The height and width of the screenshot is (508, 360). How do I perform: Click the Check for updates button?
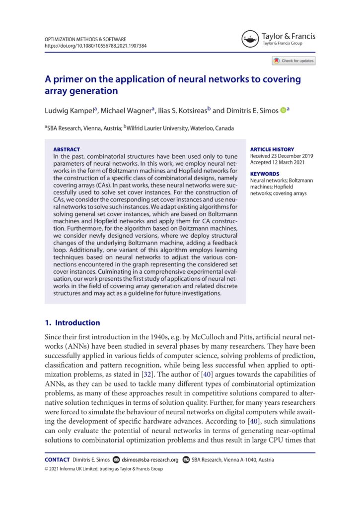click(293, 61)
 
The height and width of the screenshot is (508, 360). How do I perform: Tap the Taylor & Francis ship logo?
click(251, 39)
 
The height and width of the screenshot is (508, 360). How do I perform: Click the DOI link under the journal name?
click(95, 46)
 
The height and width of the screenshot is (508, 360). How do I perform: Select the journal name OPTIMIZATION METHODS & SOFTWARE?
click(85, 39)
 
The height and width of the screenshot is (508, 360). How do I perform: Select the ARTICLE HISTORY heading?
click(272, 149)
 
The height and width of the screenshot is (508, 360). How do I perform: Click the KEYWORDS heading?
click(264, 174)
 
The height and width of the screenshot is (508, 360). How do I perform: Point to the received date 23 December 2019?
click(283, 156)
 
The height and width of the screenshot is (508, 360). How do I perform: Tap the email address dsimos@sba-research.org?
click(150, 460)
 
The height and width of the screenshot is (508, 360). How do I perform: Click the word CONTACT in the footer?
click(57, 460)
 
